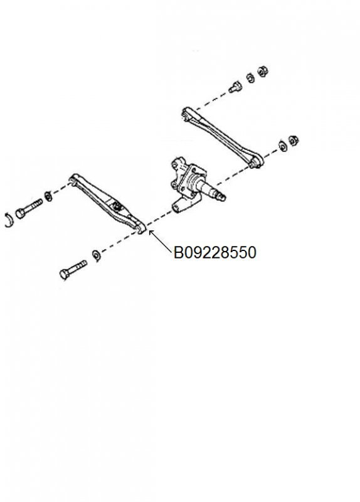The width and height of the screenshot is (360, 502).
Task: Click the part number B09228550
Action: pyautogui.click(x=214, y=252)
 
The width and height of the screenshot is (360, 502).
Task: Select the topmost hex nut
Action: pyautogui.click(x=263, y=71)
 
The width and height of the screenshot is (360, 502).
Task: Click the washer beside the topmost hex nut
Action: pyautogui.click(x=250, y=78)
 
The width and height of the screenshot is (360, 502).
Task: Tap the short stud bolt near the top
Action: pyautogui.click(x=235, y=87)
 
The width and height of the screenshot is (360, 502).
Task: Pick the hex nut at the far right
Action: pyautogui.click(x=294, y=140)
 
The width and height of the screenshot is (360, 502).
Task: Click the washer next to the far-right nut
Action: pyautogui.click(x=283, y=146)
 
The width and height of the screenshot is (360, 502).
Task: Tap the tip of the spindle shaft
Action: pyautogui.click(x=223, y=197)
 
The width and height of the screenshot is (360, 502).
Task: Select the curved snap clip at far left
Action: pyautogui.click(x=9, y=220)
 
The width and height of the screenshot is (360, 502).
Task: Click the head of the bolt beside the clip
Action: pyautogui.click(x=20, y=213)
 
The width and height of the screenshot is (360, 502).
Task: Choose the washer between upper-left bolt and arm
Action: pyautogui.click(x=49, y=196)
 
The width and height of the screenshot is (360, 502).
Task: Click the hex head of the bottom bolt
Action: pyautogui.click(x=65, y=274)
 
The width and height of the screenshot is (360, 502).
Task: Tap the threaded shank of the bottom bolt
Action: pyautogui.click(x=78, y=266)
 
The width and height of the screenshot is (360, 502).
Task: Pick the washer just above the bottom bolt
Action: pyautogui.click(x=96, y=255)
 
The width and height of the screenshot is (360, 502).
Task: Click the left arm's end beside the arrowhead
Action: pyautogui.click(x=140, y=228)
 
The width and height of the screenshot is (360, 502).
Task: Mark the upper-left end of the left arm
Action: pyautogui.click(x=74, y=179)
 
